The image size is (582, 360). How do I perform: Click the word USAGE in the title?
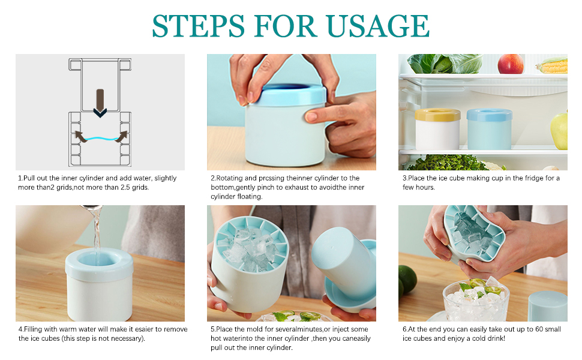[x=377, y=26]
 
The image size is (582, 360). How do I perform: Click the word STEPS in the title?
[x=198, y=26]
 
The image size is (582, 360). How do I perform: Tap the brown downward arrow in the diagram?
[x=100, y=103]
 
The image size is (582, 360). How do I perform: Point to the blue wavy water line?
[x=100, y=139]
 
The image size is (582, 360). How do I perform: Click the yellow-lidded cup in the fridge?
[x=438, y=129]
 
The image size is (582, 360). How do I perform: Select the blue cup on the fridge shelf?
[x=489, y=129]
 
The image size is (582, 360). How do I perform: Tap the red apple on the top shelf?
[x=511, y=64]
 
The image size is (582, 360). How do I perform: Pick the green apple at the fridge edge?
[x=559, y=130]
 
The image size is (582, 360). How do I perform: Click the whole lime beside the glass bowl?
[x=407, y=280]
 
